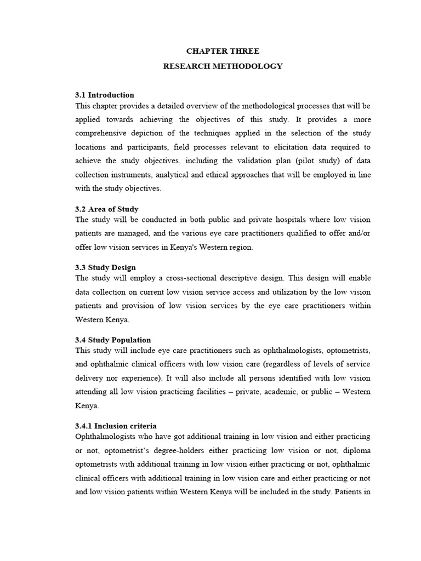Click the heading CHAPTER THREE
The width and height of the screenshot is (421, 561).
(223, 51)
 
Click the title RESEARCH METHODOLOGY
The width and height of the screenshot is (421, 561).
(223, 66)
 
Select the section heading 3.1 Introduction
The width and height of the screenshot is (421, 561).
(105, 95)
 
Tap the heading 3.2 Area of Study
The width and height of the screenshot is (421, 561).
(107, 209)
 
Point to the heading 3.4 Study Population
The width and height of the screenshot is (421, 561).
(113, 340)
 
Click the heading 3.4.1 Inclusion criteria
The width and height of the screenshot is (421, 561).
(116, 426)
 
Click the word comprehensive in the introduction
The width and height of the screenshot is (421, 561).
(104, 133)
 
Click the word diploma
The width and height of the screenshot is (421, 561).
(353, 450)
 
